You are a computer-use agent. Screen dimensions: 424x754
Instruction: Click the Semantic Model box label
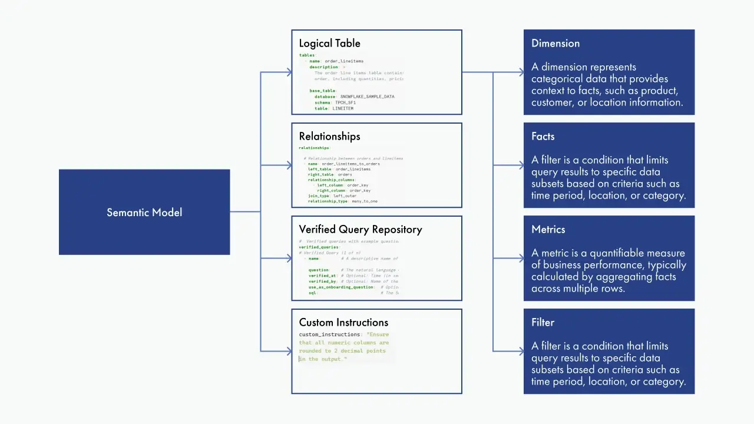(144, 213)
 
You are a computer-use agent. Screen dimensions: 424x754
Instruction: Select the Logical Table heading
(329, 44)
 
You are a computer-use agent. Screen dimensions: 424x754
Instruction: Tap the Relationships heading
(329, 137)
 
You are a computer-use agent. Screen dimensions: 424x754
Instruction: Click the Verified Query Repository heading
(360, 230)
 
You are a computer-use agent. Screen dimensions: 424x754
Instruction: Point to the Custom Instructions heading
(343, 323)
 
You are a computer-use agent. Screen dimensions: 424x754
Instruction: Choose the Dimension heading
(555, 44)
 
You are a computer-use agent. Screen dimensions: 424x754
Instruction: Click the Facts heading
(543, 137)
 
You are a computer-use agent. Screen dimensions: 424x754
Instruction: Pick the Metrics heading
(548, 230)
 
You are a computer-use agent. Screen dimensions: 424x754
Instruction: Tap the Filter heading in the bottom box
(543, 323)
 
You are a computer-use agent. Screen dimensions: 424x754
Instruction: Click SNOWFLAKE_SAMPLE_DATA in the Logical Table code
(367, 97)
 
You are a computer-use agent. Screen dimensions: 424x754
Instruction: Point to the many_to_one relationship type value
(365, 201)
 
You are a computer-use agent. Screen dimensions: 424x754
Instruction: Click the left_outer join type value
(345, 196)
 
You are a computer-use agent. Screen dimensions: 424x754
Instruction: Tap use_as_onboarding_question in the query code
(341, 287)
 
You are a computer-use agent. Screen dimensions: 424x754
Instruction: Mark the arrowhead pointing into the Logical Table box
(289, 72)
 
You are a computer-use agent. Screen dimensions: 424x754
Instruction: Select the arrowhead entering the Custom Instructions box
(289, 352)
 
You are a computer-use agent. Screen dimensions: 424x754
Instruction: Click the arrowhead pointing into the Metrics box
(521, 259)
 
